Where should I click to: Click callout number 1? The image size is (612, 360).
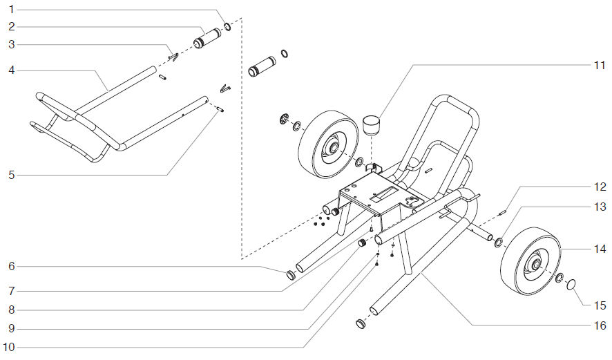pyautogui.click(x=11, y=10)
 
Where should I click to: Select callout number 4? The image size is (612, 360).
pyautogui.click(x=11, y=70)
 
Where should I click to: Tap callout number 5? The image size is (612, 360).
pyautogui.click(x=11, y=176)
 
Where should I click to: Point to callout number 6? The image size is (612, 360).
pyautogui.click(x=11, y=266)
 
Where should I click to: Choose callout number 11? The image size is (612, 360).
pyautogui.click(x=599, y=66)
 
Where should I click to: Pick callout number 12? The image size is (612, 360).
pyautogui.click(x=599, y=186)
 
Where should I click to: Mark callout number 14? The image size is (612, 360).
pyautogui.click(x=599, y=247)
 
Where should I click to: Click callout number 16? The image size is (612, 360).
pyautogui.click(x=599, y=325)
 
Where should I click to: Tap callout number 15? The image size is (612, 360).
pyautogui.click(x=599, y=305)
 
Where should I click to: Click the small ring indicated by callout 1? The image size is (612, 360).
pyautogui.click(x=227, y=28)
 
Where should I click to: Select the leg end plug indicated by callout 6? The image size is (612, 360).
pyautogui.click(x=291, y=275)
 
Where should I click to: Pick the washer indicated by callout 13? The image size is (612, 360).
pyautogui.click(x=499, y=243)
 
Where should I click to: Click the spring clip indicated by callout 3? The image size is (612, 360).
pyautogui.click(x=173, y=57)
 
